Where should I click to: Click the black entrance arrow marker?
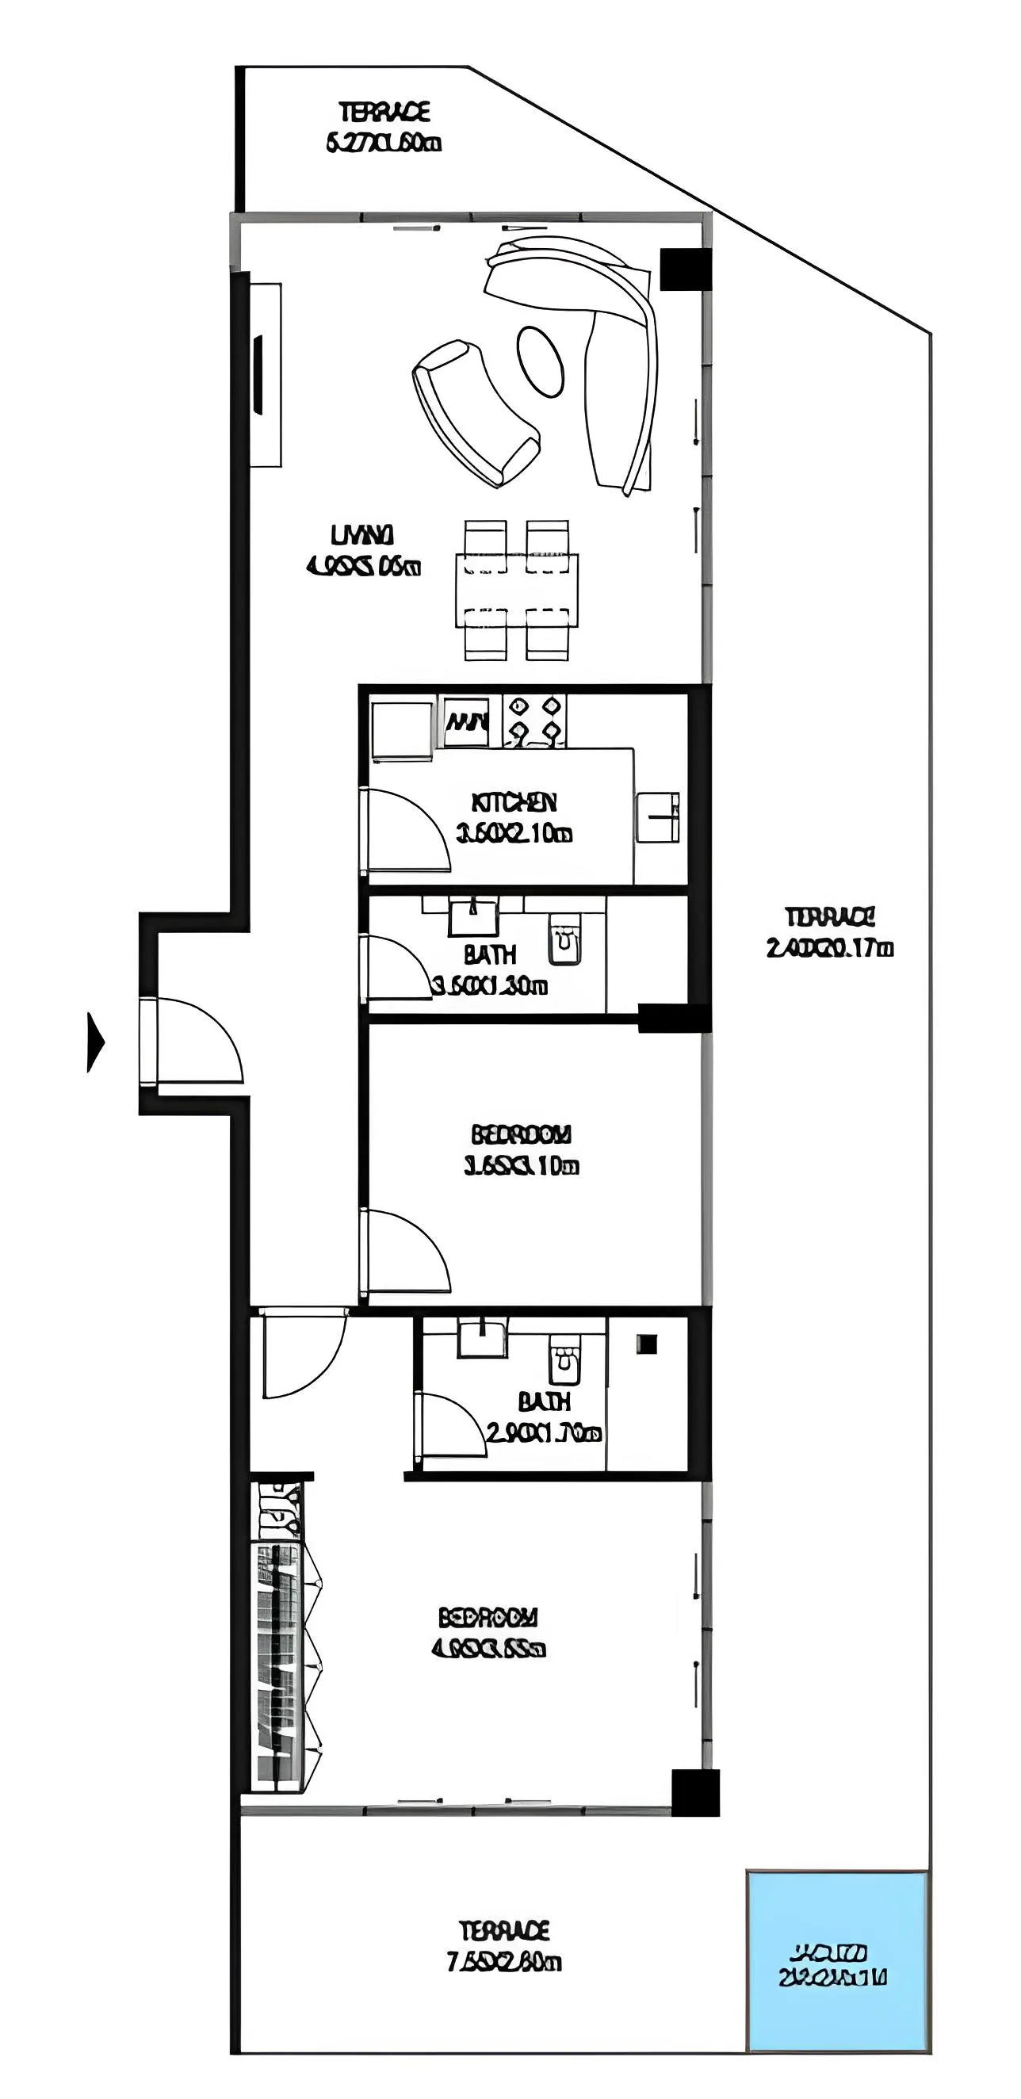coord(95,1042)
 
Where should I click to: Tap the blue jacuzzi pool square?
coord(838,1959)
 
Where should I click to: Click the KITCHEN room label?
coord(514,803)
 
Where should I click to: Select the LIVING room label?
coord(361,535)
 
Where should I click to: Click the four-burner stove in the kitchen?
coord(533,721)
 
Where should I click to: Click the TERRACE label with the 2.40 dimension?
coord(829,917)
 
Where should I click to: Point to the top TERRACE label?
coord(384,112)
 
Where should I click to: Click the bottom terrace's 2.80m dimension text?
coord(504,1962)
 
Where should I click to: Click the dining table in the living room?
coord(517,590)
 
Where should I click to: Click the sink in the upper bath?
coord(472,917)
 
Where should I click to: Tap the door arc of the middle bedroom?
coord(407,1251)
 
